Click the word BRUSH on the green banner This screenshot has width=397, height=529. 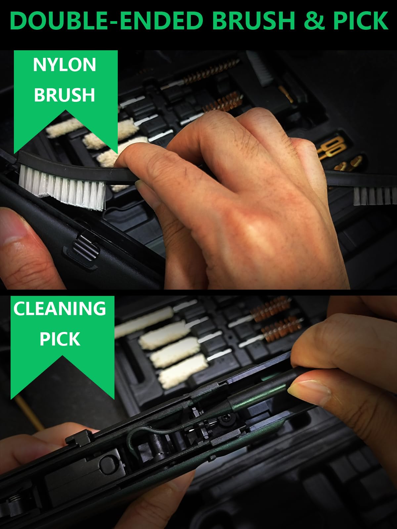pos(65,95)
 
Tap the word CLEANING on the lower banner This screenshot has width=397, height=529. pos(60,308)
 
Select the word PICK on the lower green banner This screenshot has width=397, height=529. pos(60,339)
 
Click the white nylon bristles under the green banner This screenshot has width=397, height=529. pos(62,187)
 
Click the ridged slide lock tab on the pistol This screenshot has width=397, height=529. pos(86,248)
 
